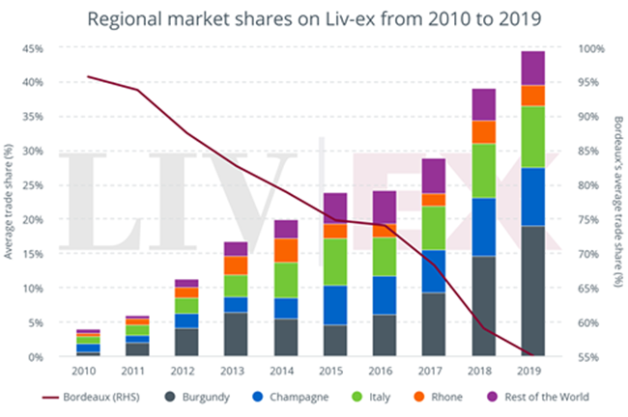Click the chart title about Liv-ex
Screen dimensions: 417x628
[x=314, y=16]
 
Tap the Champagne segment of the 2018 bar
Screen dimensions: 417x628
[x=484, y=227]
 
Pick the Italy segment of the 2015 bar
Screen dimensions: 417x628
[x=335, y=262]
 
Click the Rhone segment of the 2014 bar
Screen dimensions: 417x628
[x=286, y=250]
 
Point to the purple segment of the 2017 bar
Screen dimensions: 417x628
[x=434, y=176]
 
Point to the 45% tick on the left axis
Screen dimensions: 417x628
[x=35, y=48]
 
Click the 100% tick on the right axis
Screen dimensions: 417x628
[x=591, y=48]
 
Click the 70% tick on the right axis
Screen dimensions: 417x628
[x=589, y=254]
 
